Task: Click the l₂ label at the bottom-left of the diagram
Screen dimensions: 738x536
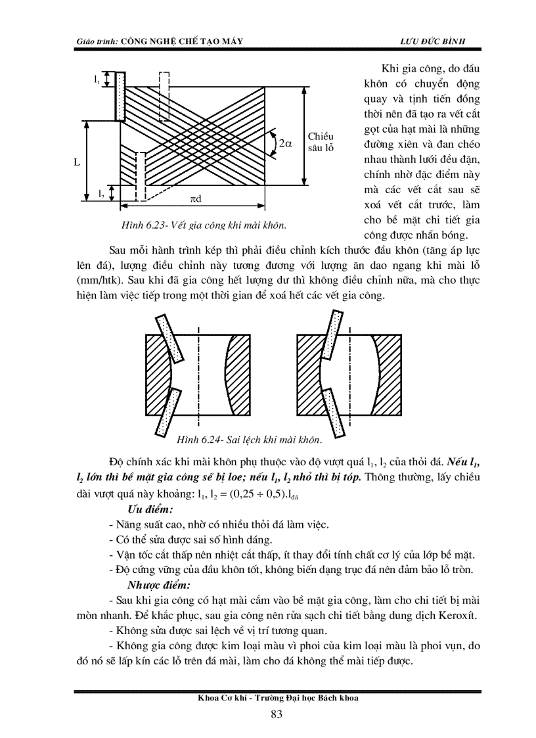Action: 100,193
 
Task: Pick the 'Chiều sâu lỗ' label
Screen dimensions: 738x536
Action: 321,142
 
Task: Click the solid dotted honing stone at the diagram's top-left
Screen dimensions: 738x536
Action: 120,96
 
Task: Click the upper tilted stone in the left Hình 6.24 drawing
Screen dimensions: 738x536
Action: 168,337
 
